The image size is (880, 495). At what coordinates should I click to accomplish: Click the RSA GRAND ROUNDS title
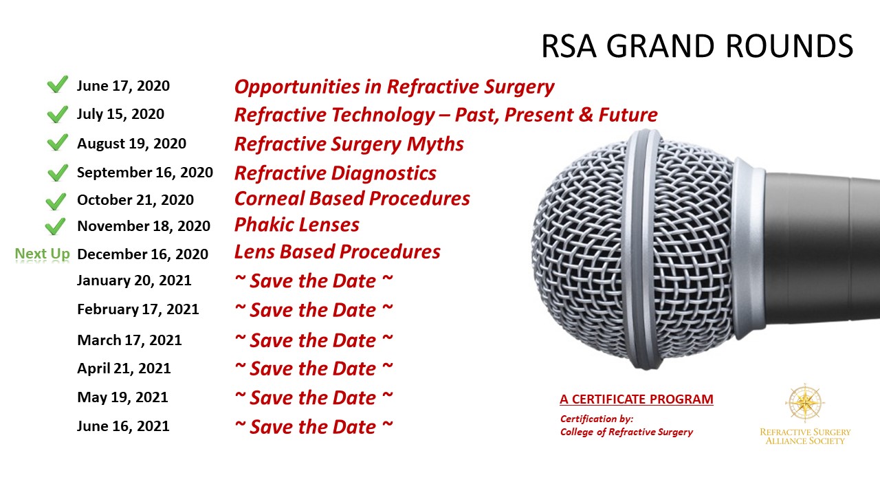697,46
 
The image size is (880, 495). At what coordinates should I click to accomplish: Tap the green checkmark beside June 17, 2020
57,84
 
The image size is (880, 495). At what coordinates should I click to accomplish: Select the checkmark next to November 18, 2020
56,226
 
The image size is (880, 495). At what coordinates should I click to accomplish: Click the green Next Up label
43,254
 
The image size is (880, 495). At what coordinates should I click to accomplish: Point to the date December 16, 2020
142,254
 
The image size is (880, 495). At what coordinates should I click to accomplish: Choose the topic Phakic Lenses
296,225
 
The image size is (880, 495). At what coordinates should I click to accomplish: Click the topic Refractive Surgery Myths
349,144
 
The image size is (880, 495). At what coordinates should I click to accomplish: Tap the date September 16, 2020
145,173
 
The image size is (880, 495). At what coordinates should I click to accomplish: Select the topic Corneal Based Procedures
352,199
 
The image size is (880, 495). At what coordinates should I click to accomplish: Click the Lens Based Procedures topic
338,252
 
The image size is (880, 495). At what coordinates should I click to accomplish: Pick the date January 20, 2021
134,280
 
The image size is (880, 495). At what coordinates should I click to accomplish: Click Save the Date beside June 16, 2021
313,427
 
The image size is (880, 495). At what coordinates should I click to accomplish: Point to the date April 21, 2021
124,368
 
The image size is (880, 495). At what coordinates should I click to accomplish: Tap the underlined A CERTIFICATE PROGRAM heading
637,399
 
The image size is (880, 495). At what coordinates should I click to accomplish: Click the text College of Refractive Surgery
626,432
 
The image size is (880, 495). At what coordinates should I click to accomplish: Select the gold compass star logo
805,403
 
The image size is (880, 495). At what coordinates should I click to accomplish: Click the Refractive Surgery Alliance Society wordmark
805,437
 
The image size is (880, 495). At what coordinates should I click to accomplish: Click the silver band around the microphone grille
644,249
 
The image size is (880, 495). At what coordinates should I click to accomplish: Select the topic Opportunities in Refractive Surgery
395,87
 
